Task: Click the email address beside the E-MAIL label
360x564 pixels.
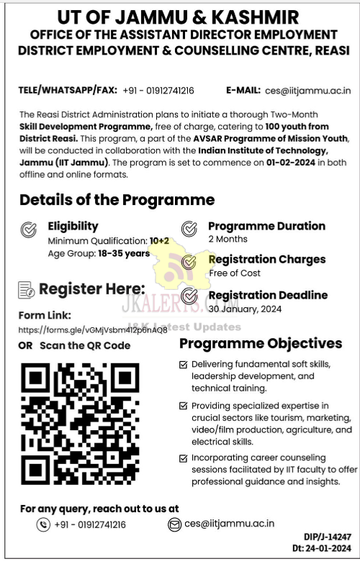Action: (x=308, y=90)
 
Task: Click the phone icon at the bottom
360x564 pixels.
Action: (x=43, y=524)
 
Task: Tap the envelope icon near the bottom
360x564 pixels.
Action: (x=174, y=524)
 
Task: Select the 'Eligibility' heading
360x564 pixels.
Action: (x=73, y=226)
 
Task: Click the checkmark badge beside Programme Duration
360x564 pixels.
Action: (x=189, y=229)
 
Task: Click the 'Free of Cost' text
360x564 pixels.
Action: (x=234, y=273)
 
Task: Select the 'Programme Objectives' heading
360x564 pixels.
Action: (x=261, y=343)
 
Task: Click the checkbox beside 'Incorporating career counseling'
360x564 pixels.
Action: (x=184, y=458)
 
